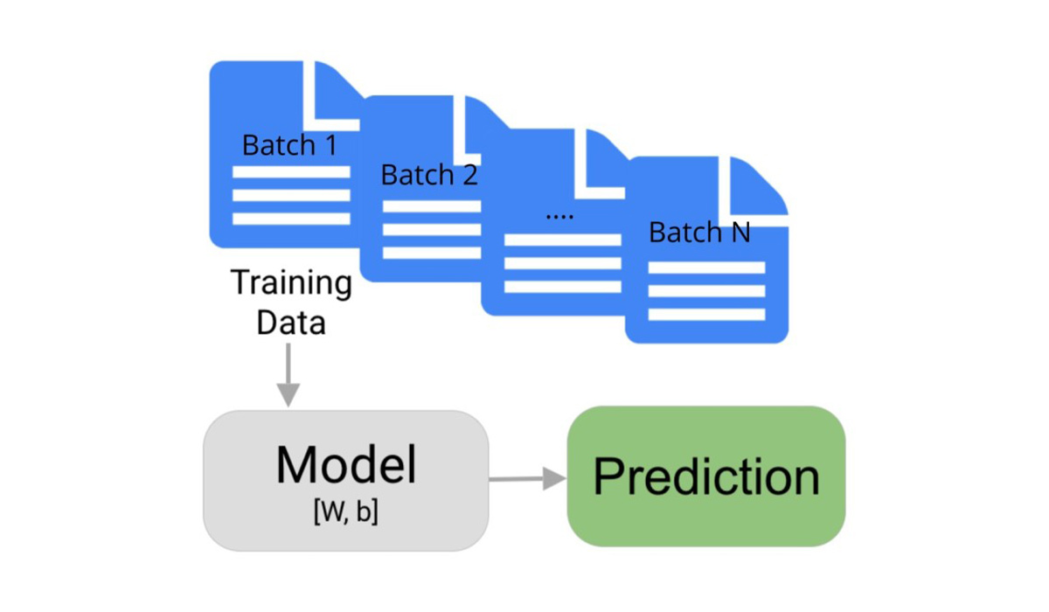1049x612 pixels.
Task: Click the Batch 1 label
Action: pyautogui.click(x=288, y=145)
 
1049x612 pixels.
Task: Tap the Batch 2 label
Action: pyautogui.click(x=429, y=176)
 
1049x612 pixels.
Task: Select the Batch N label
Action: pyautogui.click(x=699, y=233)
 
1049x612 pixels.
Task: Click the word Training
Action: pyautogui.click(x=291, y=284)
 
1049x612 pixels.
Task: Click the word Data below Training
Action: pyautogui.click(x=291, y=323)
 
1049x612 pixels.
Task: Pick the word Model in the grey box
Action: pyautogui.click(x=346, y=465)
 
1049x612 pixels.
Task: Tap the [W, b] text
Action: pyautogui.click(x=345, y=512)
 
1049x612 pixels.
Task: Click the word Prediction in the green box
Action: pyautogui.click(x=706, y=477)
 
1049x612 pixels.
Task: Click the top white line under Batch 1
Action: pyautogui.click(x=291, y=172)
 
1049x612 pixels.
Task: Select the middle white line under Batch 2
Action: pyautogui.click(x=432, y=230)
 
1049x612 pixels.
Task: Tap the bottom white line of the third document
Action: pyautogui.click(x=563, y=287)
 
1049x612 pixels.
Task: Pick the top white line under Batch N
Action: pyautogui.click(x=706, y=268)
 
